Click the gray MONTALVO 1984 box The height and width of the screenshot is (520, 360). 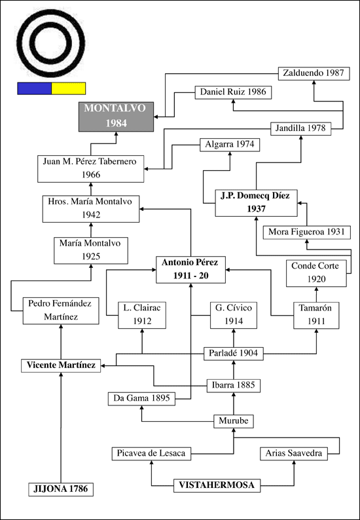[116, 117]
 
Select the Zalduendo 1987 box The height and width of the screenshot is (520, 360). [314, 73]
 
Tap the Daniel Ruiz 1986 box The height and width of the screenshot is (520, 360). [234, 92]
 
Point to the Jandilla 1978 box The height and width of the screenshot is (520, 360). [301, 128]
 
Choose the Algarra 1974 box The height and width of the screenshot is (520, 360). [230, 145]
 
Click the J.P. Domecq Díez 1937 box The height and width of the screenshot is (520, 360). [256, 203]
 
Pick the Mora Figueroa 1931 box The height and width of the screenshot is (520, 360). [307, 232]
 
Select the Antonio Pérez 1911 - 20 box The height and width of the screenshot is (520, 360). [190, 270]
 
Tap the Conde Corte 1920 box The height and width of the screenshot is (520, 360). [316, 273]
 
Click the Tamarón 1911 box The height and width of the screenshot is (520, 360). [316, 316]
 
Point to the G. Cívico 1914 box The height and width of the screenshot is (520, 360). [234, 315]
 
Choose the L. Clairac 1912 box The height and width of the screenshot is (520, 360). [142, 315]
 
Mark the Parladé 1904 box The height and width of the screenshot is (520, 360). [234, 354]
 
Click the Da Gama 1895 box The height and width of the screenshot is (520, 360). [141, 399]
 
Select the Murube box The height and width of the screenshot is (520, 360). [234, 422]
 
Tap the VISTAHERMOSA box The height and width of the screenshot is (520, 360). [217, 485]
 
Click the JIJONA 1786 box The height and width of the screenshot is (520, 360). [61, 489]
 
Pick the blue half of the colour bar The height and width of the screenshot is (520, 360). [35, 88]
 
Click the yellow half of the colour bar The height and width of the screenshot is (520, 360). [69, 88]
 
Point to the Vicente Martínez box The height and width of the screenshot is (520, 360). [61, 365]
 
